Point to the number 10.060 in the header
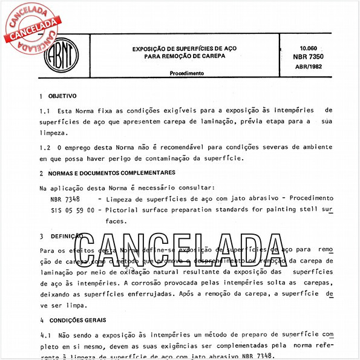(x=309, y=47)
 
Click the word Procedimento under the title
(x=186, y=73)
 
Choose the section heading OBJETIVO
(x=62, y=96)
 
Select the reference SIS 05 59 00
(x=72, y=210)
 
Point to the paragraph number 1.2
(x=44, y=147)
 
